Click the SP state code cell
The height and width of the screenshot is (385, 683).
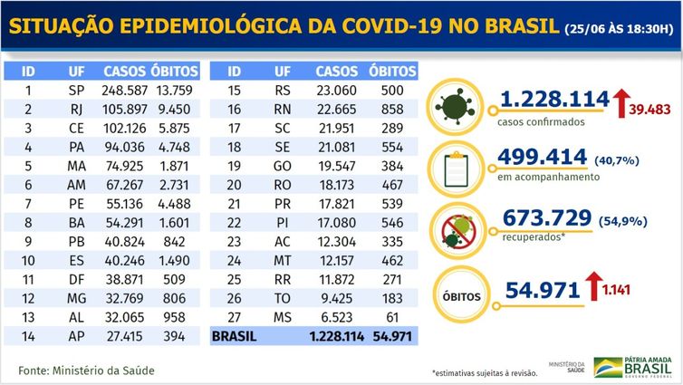click(x=77, y=91)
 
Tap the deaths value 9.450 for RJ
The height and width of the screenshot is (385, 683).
click(x=175, y=110)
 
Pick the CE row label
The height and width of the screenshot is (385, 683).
click(x=77, y=130)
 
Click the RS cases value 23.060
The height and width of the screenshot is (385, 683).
click(x=335, y=91)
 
